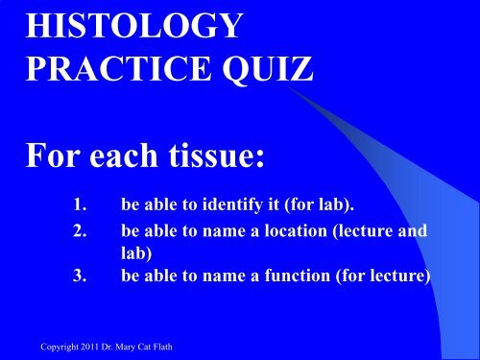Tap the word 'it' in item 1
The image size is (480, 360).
[302, 204]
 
